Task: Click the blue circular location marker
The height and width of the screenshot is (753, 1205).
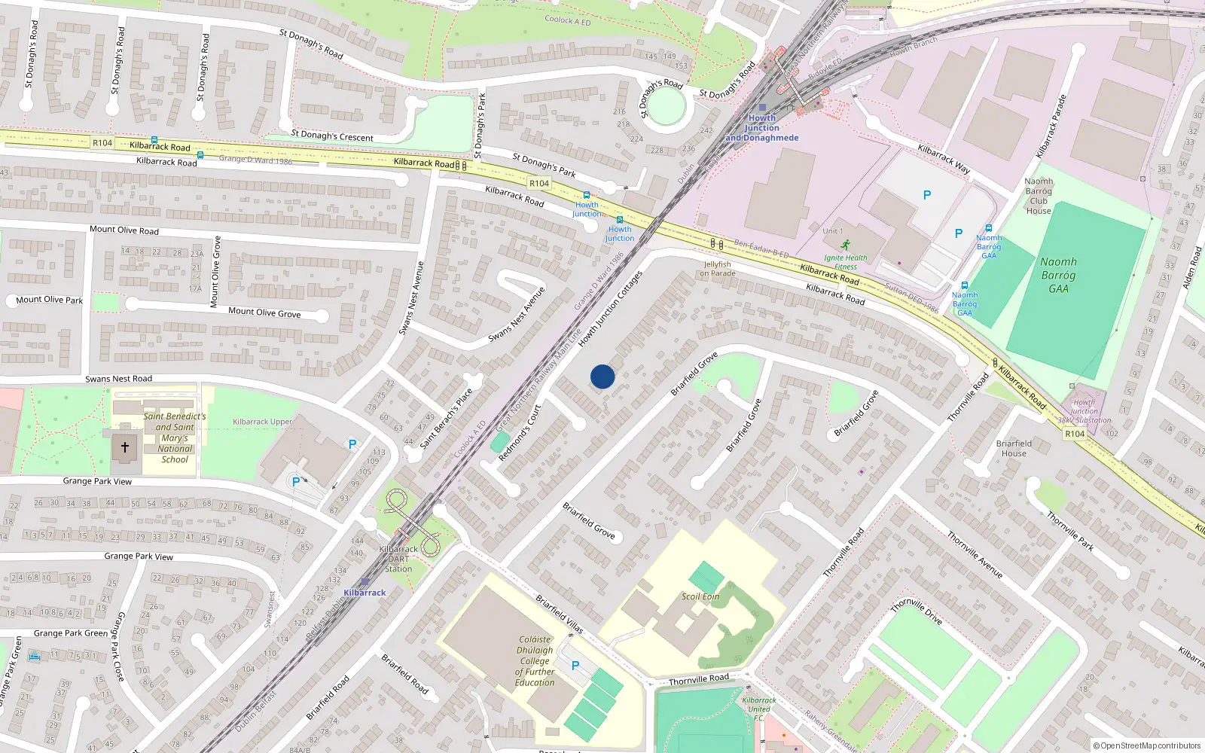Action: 602,376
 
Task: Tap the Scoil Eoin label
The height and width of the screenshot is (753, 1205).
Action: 700,596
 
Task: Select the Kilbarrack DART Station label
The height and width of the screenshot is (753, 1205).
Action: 398,559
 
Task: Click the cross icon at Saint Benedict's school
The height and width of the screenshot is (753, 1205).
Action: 125,447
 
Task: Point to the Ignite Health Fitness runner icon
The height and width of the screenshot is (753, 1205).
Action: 846,245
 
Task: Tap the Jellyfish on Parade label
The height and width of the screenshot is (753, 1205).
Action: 717,269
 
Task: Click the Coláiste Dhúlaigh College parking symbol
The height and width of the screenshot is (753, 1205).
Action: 575,666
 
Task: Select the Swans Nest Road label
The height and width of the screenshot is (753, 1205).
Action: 119,379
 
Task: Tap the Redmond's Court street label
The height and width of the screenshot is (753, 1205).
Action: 520,433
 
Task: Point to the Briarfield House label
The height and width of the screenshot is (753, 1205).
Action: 1014,448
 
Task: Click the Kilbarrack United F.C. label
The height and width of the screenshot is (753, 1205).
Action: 758,709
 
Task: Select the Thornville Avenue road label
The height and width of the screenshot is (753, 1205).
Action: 975,555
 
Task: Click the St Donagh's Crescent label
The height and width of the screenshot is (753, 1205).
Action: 332,136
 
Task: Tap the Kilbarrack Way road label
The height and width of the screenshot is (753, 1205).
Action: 944,160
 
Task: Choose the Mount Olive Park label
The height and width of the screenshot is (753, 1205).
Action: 50,300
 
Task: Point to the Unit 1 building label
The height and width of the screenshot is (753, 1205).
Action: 833,231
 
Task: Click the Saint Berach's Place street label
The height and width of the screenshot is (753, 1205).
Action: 447,419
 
